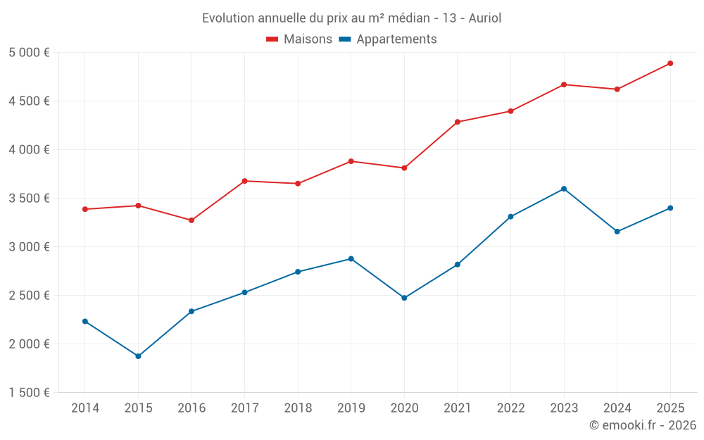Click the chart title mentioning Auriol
tap(351, 18)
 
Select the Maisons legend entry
tap(299, 39)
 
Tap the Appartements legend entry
tap(388, 39)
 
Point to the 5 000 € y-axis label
tap(30, 53)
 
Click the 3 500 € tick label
tap(30, 199)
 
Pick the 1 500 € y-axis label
tap(30, 393)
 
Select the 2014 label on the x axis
tap(85, 408)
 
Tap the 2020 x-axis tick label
tap(404, 408)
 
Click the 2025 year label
tap(670, 408)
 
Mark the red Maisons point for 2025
tap(670, 63)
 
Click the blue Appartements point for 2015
tap(138, 356)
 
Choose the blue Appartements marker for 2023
tap(564, 189)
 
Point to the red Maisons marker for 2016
tap(191, 220)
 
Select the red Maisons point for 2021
tap(458, 122)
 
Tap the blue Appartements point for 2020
tap(404, 298)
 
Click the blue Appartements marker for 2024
tap(617, 232)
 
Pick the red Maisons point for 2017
tap(244, 181)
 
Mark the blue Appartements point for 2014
tap(85, 321)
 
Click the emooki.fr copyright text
tap(642, 425)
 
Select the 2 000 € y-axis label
tap(30, 344)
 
